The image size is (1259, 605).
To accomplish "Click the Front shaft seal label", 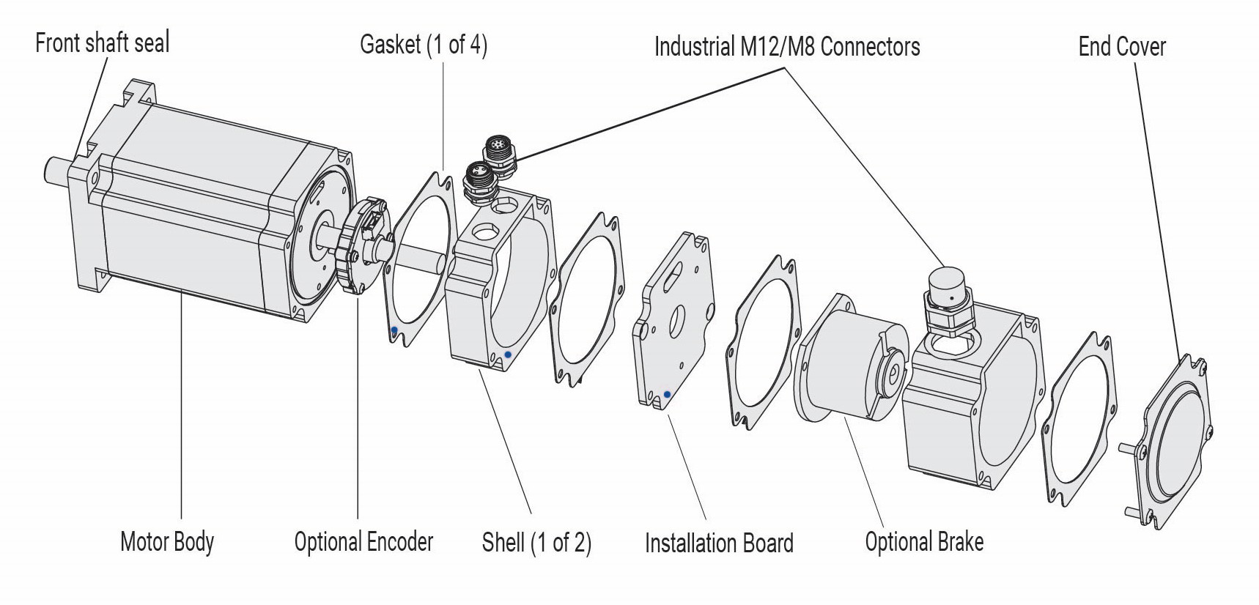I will tap(102, 42).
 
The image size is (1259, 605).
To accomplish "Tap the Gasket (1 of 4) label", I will tap(423, 45).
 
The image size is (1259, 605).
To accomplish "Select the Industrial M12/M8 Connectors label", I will tap(786, 47).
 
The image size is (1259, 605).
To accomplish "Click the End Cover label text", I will tap(1121, 47).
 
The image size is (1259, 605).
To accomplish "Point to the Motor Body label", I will tap(167, 542).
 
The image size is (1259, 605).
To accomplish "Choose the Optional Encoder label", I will tap(363, 542).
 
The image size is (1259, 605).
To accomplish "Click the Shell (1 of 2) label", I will tap(536, 543).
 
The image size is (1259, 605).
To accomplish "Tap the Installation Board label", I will tap(718, 543).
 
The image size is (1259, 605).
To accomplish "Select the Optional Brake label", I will tap(923, 542).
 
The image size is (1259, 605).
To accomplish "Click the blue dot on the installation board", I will tap(666, 395).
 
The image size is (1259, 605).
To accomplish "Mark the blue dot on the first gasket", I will tap(394, 330).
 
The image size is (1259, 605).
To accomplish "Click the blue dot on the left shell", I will tap(508, 355).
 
